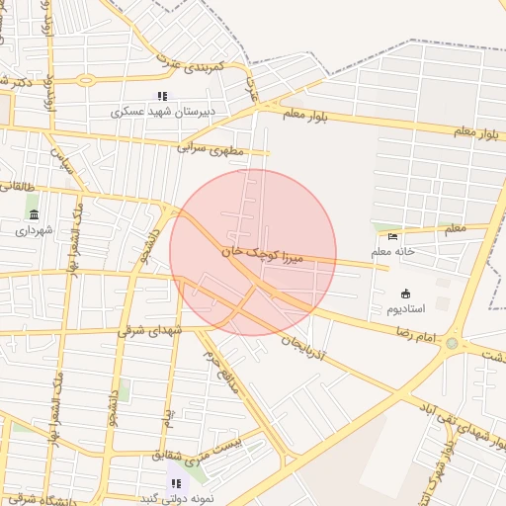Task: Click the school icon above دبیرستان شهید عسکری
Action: click(162, 96)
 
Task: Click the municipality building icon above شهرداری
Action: click(35, 214)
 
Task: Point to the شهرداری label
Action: click(35, 230)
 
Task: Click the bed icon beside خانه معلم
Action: click(393, 236)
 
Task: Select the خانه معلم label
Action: click(393, 252)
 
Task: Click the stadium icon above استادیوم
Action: click(405, 293)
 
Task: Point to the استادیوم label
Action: click(405, 308)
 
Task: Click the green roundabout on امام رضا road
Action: click(453, 343)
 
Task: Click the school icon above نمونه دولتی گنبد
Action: click(176, 483)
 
